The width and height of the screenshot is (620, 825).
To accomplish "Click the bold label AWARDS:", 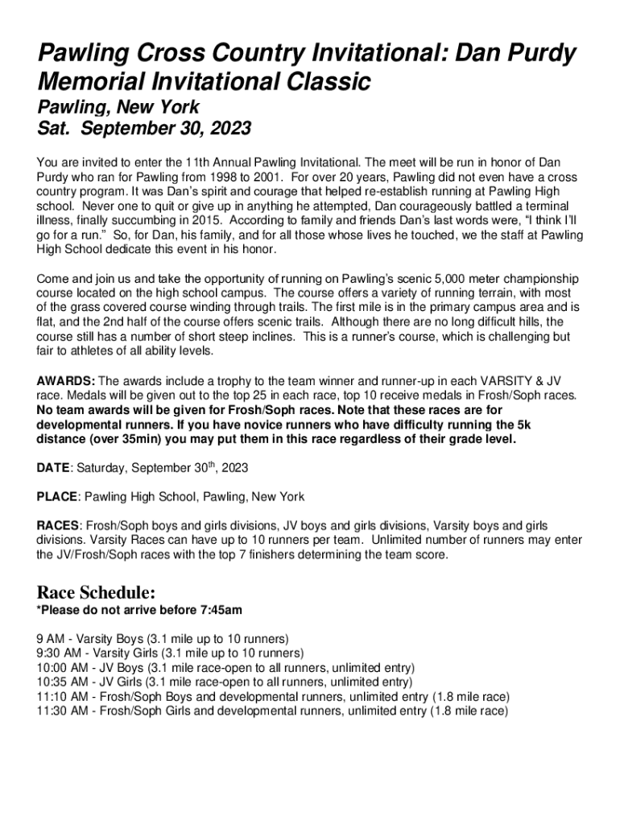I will (66, 380).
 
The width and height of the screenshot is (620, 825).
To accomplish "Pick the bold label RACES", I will (57, 525).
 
